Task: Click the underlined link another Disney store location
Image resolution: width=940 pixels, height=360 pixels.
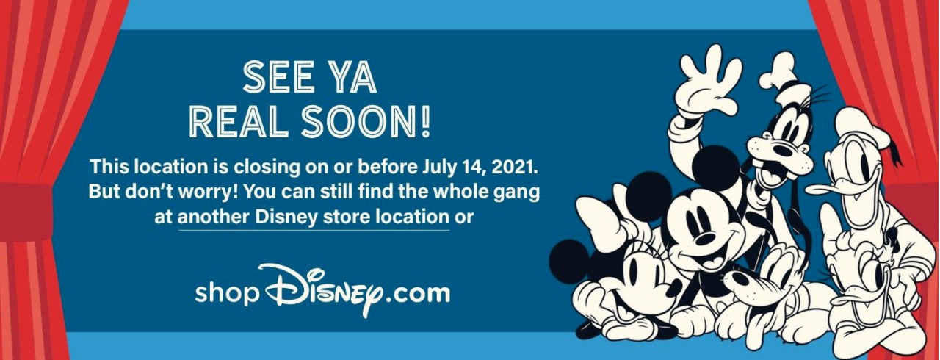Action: [313, 217]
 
